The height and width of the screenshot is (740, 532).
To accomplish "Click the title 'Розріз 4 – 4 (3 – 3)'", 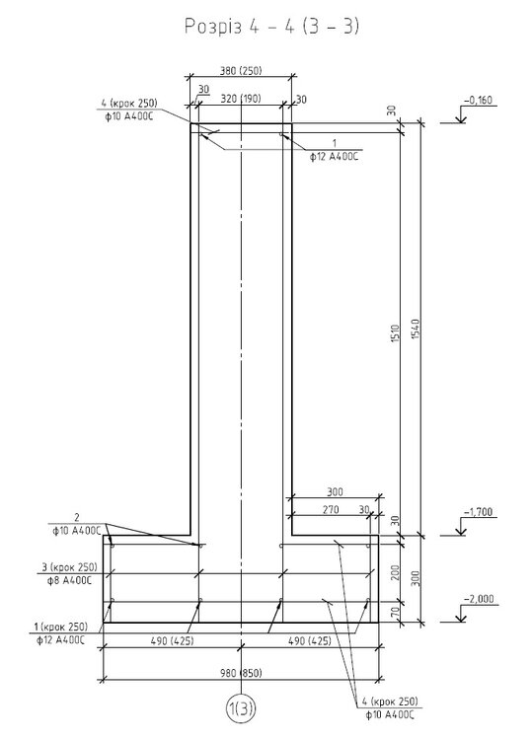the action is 271,27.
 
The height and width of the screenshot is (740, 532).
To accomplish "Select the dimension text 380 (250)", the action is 241,71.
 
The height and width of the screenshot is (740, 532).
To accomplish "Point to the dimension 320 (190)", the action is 241,99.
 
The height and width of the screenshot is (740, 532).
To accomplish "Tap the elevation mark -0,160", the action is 478,100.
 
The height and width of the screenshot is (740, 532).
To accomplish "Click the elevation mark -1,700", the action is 478,512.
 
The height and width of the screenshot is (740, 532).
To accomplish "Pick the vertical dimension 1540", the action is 416,329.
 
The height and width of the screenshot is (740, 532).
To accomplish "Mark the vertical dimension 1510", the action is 396,333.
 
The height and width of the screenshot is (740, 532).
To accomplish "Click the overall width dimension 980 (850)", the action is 241,673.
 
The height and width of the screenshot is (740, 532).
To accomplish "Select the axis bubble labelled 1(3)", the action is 241,708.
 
